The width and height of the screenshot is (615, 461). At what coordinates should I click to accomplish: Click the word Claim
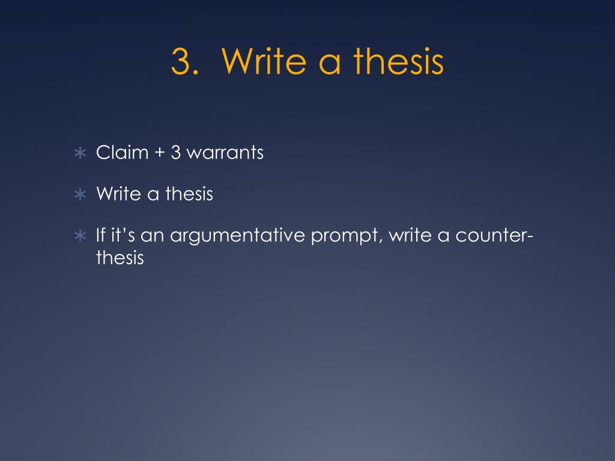pyautogui.click(x=123, y=152)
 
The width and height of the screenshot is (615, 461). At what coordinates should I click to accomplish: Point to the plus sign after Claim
pyautogui.click(x=160, y=153)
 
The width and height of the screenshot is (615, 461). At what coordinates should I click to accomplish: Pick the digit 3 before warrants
pyautogui.click(x=176, y=152)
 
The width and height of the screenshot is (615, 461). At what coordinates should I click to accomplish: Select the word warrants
pyautogui.click(x=225, y=153)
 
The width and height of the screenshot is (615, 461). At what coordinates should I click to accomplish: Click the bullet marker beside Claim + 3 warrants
pyautogui.click(x=80, y=153)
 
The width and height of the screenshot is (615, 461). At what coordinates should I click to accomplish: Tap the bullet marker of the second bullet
pyautogui.click(x=80, y=194)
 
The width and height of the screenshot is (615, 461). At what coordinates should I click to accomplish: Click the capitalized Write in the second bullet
pyautogui.click(x=119, y=194)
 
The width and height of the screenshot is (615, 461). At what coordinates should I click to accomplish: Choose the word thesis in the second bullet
pyautogui.click(x=189, y=194)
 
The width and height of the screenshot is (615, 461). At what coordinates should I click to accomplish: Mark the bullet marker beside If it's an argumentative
pyautogui.click(x=80, y=235)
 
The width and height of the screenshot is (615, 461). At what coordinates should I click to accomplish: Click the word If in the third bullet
pyautogui.click(x=101, y=235)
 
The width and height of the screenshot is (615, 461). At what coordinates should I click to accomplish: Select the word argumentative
pyautogui.click(x=237, y=237)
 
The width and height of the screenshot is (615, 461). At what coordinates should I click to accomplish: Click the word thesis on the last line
pyautogui.click(x=120, y=258)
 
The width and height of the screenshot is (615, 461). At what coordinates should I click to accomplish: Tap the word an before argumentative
pyautogui.click(x=152, y=237)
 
